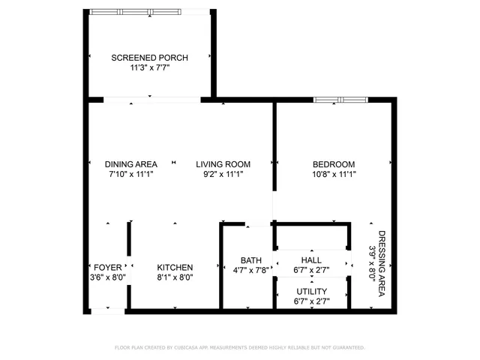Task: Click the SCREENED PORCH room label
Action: tap(149, 58)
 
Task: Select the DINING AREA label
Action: tap(130, 164)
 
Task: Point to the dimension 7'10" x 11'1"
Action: tap(130, 174)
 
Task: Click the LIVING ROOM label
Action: tap(223, 164)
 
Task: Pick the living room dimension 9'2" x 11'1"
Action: tap(223, 174)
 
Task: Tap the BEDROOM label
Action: tap(334, 164)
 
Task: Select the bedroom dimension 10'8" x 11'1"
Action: tap(334, 174)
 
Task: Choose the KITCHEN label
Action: tap(175, 268)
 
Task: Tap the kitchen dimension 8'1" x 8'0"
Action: tap(175, 277)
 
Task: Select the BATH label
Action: tap(250, 260)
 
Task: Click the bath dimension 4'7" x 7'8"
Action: tap(250, 271)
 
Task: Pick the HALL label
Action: tap(311, 259)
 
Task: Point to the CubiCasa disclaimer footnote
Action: tap(239, 348)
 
